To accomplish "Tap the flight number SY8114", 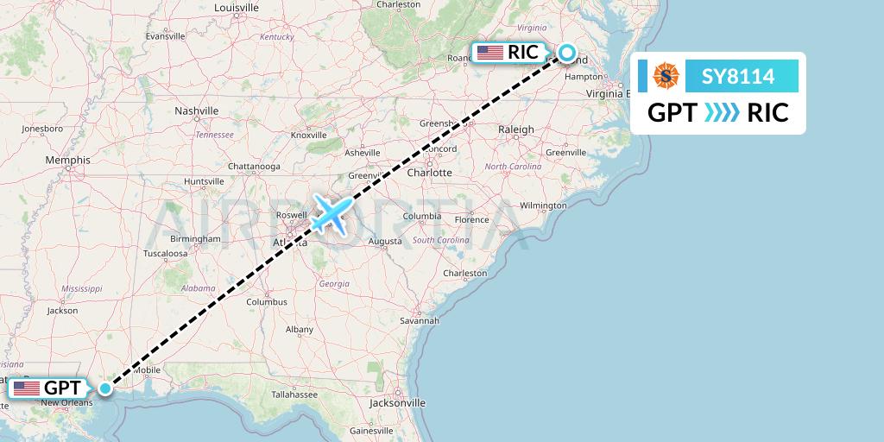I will point(737,77).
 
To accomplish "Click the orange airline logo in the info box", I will point(666,76).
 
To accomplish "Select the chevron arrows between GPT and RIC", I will point(722,113).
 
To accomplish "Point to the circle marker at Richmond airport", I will point(567,52).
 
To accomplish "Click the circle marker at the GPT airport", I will point(104,388).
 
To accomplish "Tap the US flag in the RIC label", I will point(489,53).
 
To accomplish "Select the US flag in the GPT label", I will point(27,388).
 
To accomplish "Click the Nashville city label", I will point(196,110).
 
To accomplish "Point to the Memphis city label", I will point(68,160).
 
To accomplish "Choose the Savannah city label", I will point(420,320).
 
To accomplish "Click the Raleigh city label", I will point(516,129).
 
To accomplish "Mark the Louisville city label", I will point(237,8).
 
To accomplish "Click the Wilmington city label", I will point(543,205).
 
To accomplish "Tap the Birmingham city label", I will point(195,237).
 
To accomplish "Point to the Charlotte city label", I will point(429,172).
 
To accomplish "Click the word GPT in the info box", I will point(672,113).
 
